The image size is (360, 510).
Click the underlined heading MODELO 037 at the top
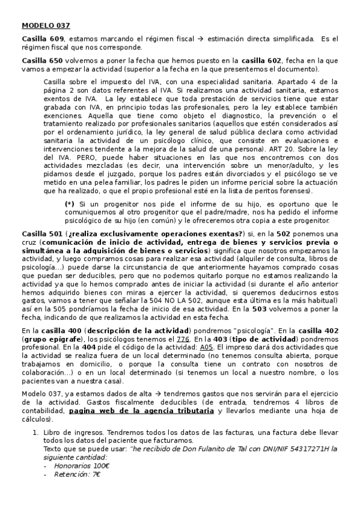point(46,25)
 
